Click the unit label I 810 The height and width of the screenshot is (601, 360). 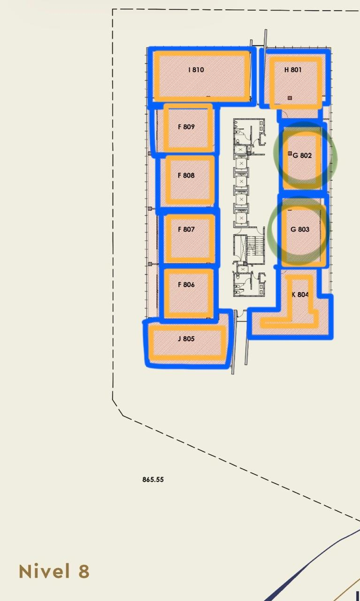coord(196,70)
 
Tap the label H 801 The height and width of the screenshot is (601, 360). coord(293,70)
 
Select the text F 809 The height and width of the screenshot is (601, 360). coord(186,127)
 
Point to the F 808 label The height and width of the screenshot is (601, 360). coord(186,175)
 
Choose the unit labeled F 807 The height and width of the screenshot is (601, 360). coord(186,230)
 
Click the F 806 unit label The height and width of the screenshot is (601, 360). coord(186,285)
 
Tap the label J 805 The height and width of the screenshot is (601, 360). coord(186,339)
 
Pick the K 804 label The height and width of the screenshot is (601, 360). coord(300,294)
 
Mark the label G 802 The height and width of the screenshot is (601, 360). coord(302,155)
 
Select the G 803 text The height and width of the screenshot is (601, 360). coord(300,230)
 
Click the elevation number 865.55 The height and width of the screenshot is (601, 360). coord(153,479)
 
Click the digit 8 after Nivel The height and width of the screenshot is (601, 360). coord(84,571)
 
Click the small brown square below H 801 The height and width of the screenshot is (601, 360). coord(290,98)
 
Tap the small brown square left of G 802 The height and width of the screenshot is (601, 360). coord(290,153)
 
